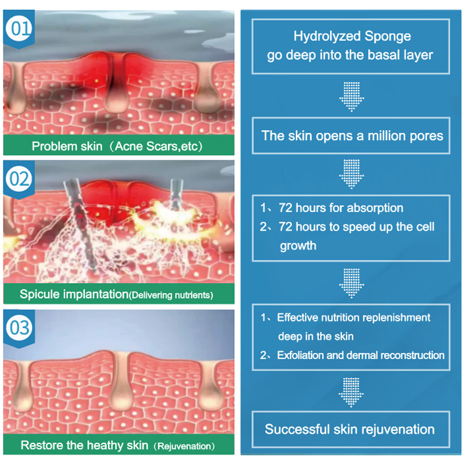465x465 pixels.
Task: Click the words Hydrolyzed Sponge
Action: (x=352, y=37)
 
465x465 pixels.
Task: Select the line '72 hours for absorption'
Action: (x=341, y=208)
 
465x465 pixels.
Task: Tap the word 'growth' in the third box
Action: (x=298, y=245)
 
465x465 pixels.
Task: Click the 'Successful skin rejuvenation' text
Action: (x=350, y=430)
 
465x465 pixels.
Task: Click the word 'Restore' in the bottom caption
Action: (x=39, y=446)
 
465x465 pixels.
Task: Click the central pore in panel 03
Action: (x=121, y=384)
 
